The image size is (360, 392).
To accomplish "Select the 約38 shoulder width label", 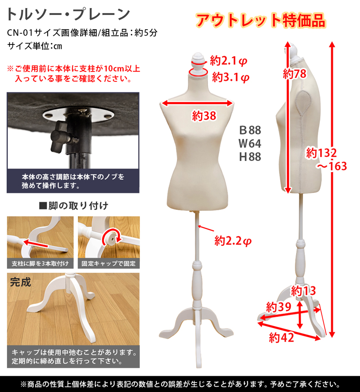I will (204, 116).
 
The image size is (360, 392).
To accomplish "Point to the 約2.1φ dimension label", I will (229, 60).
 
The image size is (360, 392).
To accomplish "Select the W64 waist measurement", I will (250, 144).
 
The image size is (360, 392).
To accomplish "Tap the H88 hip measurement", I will (250, 157).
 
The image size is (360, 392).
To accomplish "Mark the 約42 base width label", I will (281, 337).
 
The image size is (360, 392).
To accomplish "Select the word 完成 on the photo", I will (21, 283).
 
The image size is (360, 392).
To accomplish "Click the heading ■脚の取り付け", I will (74, 206).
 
